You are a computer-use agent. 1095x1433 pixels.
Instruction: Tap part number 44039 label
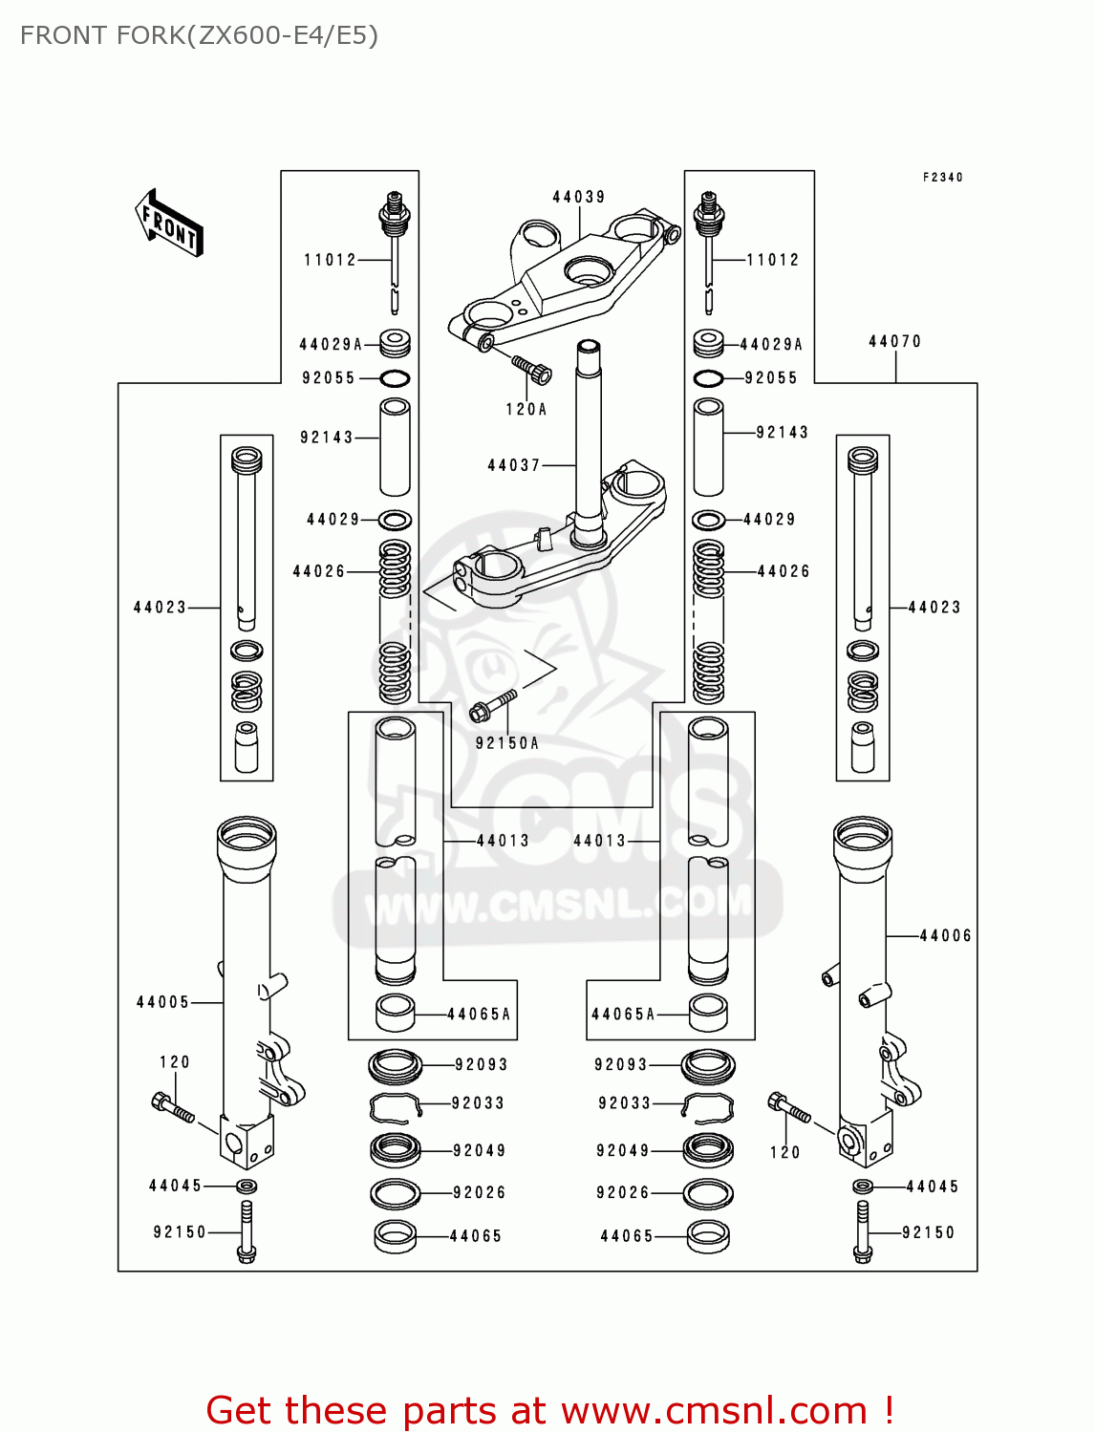click(x=578, y=197)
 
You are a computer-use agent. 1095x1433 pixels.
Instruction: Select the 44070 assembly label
click(x=894, y=341)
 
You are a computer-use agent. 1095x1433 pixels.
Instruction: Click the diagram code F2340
click(x=942, y=177)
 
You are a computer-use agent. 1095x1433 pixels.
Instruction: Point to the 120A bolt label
click(x=526, y=409)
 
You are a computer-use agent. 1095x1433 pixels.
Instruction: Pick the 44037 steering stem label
click(x=514, y=465)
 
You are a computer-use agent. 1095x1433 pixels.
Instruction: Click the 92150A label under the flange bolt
click(x=506, y=742)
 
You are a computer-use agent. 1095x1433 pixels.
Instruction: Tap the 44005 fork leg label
click(x=162, y=1002)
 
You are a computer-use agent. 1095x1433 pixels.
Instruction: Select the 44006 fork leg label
click(x=944, y=935)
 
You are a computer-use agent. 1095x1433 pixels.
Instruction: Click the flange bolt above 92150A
click(x=491, y=707)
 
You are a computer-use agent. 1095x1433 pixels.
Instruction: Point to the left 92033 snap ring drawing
click(x=396, y=1105)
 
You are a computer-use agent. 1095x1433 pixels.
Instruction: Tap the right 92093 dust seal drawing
click(x=707, y=1064)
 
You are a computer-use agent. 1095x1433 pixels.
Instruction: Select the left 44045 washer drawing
click(x=246, y=1186)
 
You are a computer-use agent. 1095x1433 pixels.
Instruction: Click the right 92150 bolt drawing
click(x=862, y=1232)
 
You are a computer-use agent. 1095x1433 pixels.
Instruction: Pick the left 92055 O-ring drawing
click(x=396, y=378)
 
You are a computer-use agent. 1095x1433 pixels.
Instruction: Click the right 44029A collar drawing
click(x=708, y=343)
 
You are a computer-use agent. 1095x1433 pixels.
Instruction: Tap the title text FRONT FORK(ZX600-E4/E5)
click(x=199, y=35)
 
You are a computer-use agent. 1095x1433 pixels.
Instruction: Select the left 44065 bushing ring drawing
click(x=396, y=1236)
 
